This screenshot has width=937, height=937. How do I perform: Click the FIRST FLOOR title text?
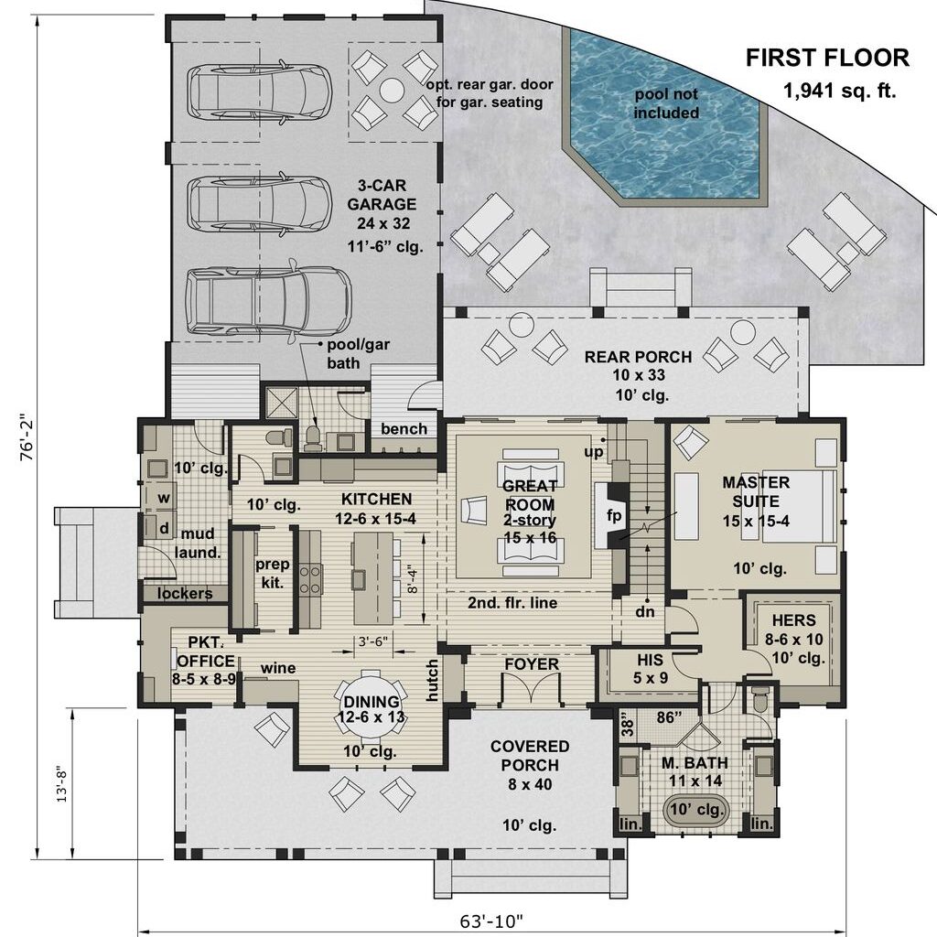coord(827,58)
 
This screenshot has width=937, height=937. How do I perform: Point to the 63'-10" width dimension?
coord(491,921)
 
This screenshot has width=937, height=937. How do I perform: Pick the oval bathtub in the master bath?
coord(695,810)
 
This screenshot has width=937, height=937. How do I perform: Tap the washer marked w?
coord(163,498)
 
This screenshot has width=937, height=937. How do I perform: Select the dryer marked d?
coord(161,528)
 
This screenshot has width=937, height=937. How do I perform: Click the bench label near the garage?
coord(404,429)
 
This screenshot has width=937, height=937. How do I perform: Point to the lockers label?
coord(185,593)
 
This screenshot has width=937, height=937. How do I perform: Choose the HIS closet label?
coord(650,660)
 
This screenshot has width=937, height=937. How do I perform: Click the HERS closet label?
coord(793,620)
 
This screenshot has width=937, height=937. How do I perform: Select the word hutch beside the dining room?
coord(432,680)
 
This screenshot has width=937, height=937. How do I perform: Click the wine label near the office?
coord(278,667)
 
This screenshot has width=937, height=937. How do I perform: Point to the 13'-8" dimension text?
coord(62,783)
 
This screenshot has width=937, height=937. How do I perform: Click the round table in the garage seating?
coord(392,91)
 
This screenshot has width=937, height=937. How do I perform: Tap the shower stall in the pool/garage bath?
coord(281,404)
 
